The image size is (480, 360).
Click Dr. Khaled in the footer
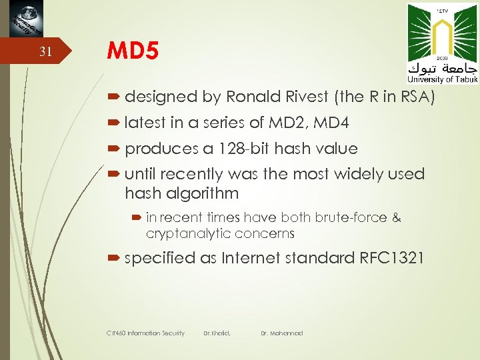click(217, 333)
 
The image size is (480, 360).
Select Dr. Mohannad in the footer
click(281, 333)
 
